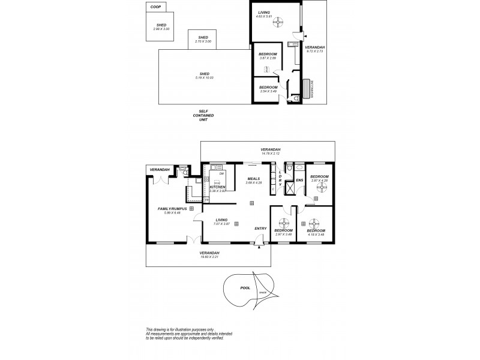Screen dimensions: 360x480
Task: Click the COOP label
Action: pyautogui.click(x=156, y=7)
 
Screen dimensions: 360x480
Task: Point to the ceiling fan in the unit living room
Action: pyautogui.click(x=277, y=23)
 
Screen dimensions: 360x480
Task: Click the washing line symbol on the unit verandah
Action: pyautogui.click(x=310, y=88)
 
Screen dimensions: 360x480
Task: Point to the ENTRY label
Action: pyautogui.click(x=260, y=228)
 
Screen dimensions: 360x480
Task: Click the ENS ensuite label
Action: pyautogui.click(x=298, y=179)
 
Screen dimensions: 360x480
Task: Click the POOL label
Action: pyautogui.click(x=245, y=287)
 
